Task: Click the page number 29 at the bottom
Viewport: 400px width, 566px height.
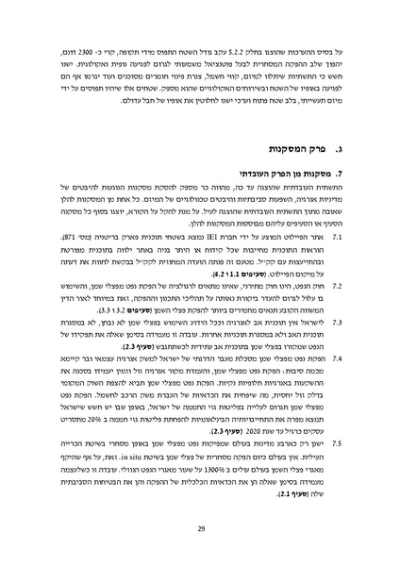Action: (x=200, y=527)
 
